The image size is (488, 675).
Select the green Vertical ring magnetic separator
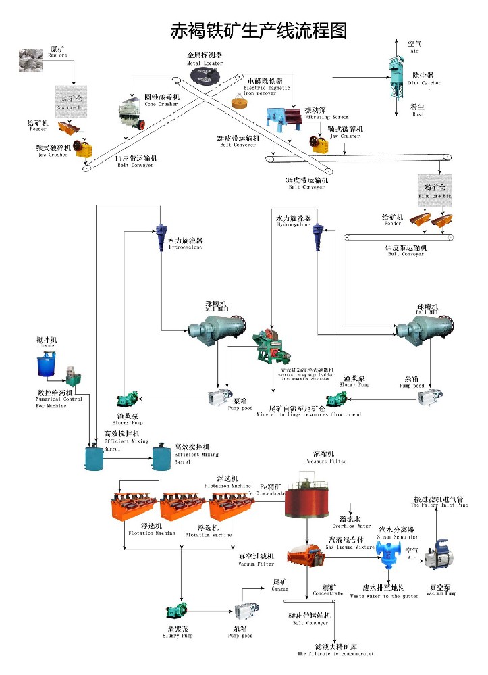(x=269, y=344)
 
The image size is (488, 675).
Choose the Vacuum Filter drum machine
(x=306, y=556)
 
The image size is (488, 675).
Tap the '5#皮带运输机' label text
(x=308, y=616)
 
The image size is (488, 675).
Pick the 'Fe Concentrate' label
(x=271, y=489)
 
